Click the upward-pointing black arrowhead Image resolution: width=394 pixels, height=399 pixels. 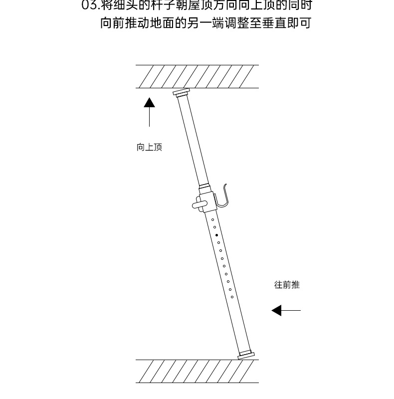[149, 103]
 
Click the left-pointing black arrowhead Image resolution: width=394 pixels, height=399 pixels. [277, 311]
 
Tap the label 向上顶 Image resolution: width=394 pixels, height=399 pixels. [149, 148]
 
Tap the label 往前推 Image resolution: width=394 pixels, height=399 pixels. [287, 285]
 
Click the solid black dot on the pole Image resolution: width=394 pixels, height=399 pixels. [216, 234]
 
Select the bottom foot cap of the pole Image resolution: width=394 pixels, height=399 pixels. [246, 355]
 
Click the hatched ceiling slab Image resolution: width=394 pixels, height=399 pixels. [197, 76]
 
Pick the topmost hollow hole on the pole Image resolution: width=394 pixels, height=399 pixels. [212, 219]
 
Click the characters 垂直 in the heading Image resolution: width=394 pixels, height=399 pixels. [273, 23]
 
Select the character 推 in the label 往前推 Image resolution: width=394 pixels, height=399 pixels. [295, 285]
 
